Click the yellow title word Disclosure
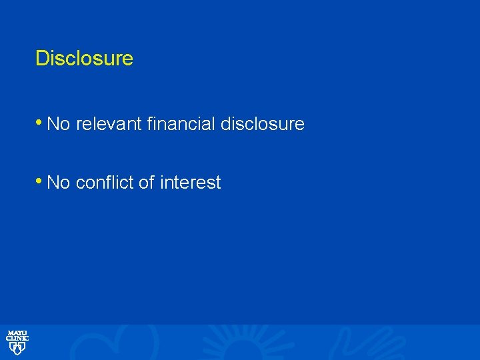84,59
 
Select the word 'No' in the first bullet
59,124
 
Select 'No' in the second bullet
59,183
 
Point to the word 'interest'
191,183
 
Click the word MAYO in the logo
17,333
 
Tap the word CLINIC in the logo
17,339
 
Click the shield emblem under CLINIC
17,348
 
